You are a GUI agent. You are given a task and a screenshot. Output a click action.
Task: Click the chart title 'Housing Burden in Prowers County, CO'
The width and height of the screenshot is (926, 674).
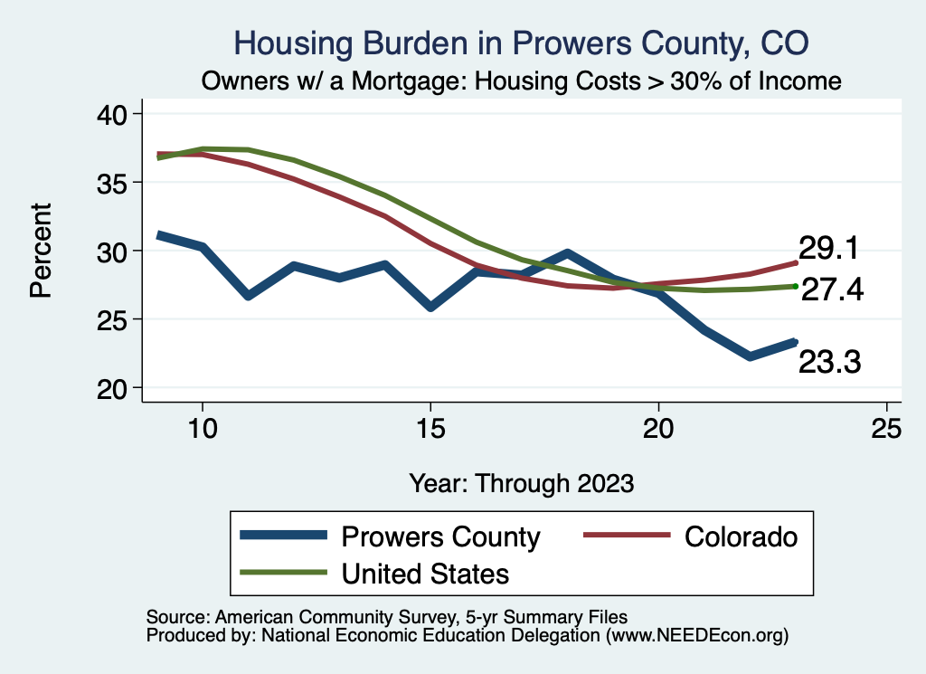521,43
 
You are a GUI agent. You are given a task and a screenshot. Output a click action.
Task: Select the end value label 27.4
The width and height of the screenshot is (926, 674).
833,290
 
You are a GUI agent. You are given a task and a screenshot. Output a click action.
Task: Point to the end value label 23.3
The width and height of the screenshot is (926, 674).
827,363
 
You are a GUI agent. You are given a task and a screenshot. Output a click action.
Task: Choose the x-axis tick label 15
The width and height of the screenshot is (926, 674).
430,429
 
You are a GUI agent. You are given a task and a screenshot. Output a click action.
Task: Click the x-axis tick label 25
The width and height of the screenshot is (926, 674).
886,429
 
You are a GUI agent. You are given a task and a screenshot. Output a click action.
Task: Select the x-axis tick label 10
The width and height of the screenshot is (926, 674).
202,429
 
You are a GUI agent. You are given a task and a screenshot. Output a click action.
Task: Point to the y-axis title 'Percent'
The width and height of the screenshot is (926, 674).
41,251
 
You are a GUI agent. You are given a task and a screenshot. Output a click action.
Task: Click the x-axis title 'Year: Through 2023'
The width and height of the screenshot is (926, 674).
521,482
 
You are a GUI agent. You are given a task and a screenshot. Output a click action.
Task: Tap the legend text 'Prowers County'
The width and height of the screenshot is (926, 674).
440,536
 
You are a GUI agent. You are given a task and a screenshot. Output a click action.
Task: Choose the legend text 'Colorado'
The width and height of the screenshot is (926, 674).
742,536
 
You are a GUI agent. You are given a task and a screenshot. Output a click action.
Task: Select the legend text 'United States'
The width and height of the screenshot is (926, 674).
425,573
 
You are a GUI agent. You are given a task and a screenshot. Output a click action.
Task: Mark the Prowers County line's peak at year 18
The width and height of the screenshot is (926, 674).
567,253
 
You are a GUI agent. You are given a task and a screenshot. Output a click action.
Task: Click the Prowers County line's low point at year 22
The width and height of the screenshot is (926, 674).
750,356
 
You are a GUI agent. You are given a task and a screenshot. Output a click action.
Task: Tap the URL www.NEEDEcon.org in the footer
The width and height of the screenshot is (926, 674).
696,636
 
